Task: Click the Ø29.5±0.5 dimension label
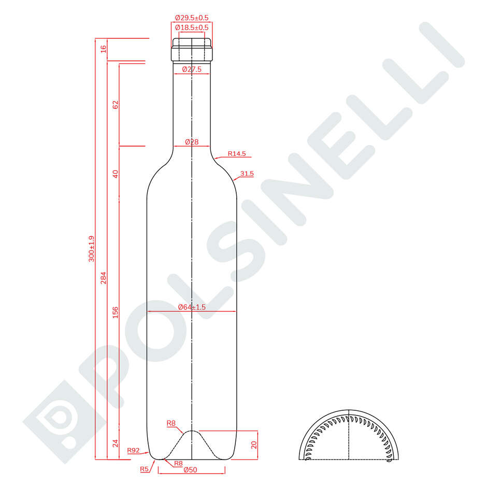click(192, 18)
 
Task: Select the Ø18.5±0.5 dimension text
click(192, 27)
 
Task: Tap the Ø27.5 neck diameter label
click(192, 69)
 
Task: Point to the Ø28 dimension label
click(192, 142)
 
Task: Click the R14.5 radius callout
click(237, 154)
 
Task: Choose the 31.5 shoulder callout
click(247, 174)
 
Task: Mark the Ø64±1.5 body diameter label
click(192, 307)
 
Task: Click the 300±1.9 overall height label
click(92, 249)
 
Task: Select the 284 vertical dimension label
click(103, 278)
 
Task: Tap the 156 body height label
click(116, 312)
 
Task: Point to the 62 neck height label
click(116, 104)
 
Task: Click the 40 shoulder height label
click(116, 174)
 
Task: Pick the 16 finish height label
click(103, 49)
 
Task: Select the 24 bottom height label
click(116, 443)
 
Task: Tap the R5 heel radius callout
click(144, 469)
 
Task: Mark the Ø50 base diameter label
click(192, 470)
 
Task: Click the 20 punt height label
click(253, 445)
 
